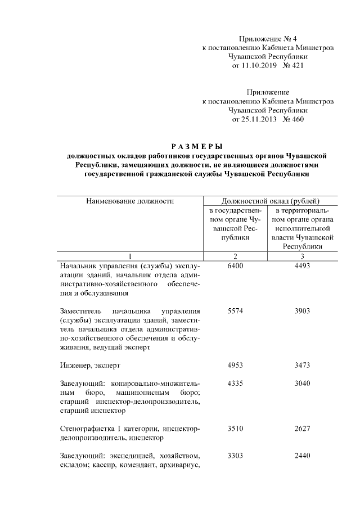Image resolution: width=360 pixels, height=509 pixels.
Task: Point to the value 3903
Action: [x=302, y=311]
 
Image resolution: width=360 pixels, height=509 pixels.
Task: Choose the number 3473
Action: [x=302, y=366]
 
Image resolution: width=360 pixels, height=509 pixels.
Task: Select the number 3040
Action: [x=302, y=384]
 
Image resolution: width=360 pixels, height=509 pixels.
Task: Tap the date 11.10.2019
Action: [x=251, y=66]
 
